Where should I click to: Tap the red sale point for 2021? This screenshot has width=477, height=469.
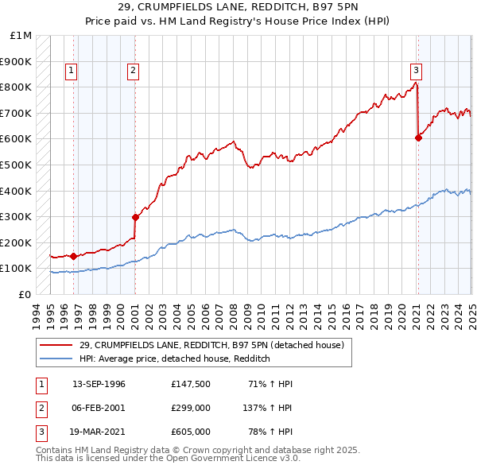[x=419, y=138]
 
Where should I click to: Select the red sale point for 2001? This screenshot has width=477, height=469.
[x=135, y=216]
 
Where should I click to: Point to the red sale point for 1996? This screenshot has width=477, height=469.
[x=73, y=256]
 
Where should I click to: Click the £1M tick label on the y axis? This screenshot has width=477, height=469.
[x=21, y=36]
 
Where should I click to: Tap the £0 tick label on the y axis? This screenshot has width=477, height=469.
[x=25, y=294]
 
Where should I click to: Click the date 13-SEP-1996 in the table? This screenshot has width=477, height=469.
[x=99, y=385]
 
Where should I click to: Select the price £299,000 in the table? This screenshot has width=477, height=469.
[x=191, y=409]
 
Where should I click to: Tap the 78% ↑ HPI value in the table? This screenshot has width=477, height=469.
[x=271, y=432]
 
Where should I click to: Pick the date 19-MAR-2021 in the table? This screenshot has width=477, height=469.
[x=99, y=432]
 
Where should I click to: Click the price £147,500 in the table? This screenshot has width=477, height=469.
[x=191, y=385]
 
